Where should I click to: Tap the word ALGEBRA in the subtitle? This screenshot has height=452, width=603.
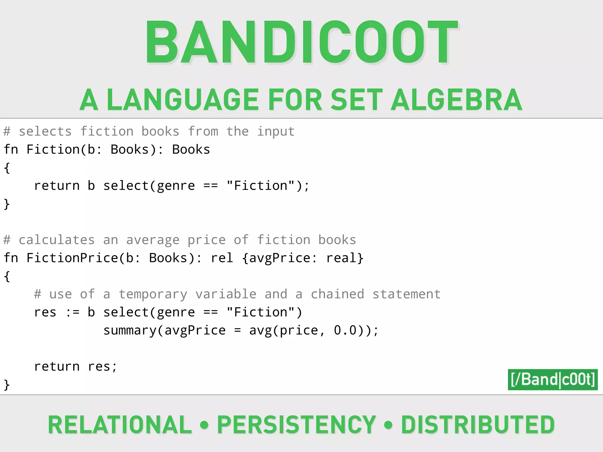click(456, 100)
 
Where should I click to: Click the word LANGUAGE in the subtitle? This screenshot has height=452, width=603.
click(183, 100)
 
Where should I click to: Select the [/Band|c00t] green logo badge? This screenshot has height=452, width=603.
click(553, 379)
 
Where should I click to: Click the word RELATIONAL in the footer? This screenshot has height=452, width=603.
click(120, 425)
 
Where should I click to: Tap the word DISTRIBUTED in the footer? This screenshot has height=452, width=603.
click(478, 425)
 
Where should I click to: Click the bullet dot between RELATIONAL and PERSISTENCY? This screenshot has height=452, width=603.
click(204, 425)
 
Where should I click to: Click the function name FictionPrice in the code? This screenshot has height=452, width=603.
click(72, 258)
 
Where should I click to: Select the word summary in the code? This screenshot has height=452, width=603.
click(130, 330)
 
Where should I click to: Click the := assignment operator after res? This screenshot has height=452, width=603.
click(72, 313)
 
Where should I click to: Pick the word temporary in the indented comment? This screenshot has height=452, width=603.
click(153, 294)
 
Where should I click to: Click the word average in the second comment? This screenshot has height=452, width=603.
click(153, 240)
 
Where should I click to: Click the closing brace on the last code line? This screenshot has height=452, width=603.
click(7, 385)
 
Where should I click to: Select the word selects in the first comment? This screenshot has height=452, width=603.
click(45, 132)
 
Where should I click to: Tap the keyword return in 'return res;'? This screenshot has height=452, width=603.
click(57, 367)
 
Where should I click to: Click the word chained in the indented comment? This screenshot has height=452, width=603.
click(337, 294)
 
